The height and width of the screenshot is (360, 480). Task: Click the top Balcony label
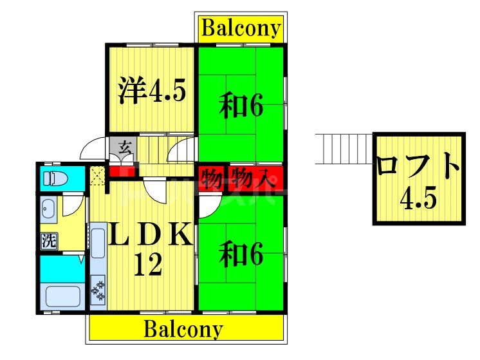pos(241,29)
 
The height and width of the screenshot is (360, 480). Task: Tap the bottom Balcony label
pos(183,329)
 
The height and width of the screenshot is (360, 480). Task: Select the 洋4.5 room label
pos(152,91)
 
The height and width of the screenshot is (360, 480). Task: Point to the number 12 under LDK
pos(147,264)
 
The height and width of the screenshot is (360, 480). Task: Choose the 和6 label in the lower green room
pos(241,255)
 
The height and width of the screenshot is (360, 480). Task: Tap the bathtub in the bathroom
pos(62,297)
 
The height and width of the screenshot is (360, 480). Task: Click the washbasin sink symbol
pos(49,207)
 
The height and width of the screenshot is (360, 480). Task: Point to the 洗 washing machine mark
pos(49,242)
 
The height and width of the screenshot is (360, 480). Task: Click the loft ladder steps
pos(344,148)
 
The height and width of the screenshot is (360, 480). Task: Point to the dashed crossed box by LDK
pos(98,175)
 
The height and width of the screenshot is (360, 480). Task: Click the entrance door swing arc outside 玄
pos(90,149)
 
